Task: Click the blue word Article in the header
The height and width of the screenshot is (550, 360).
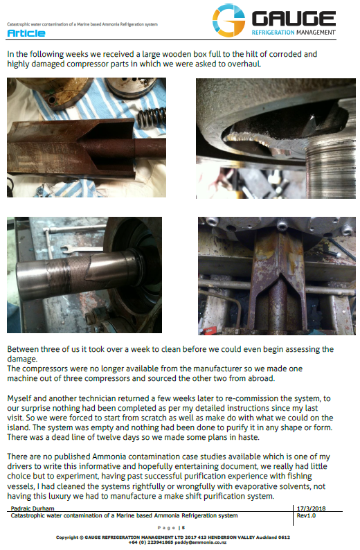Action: [26, 33]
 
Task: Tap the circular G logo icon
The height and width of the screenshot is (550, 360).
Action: [228, 20]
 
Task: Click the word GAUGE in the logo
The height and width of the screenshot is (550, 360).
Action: [294, 19]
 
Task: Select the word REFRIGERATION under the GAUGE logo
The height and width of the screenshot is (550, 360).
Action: [273, 33]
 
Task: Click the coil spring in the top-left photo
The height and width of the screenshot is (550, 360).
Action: [152, 118]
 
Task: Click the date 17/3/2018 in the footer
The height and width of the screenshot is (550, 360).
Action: [312, 508]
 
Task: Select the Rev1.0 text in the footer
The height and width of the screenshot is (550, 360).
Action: [306, 515]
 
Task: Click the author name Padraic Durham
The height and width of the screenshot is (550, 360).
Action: [33, 508]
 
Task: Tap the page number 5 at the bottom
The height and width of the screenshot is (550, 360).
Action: [183, 528]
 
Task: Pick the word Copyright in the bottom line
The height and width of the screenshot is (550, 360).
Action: [67, 538]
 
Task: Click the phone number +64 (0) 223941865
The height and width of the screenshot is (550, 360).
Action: [151, 542]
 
